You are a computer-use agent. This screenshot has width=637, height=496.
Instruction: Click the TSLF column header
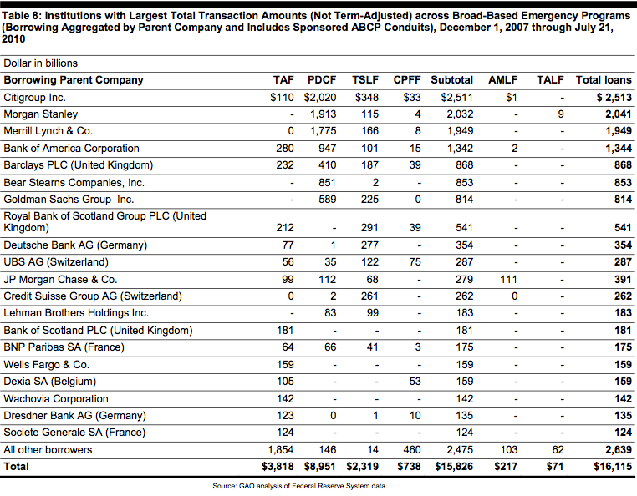(364, 80)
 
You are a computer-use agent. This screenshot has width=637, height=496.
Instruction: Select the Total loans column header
(604, 80)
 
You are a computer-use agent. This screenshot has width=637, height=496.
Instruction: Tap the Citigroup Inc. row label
(34, 98)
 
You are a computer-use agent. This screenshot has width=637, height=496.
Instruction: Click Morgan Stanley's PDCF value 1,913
(323, 114)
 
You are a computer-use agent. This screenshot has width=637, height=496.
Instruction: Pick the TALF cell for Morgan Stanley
(561, 114)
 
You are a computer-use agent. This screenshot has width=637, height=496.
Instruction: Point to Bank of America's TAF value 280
(285, 148)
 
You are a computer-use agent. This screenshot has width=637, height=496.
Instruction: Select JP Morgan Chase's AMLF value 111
(508, 279)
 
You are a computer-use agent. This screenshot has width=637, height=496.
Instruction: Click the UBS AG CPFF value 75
(415, 262)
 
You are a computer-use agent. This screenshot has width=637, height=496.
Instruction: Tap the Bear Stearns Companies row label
(74, 183)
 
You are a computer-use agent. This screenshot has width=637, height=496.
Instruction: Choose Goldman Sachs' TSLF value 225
(369, 200)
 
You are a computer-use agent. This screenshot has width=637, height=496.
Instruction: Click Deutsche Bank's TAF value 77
(288, 245)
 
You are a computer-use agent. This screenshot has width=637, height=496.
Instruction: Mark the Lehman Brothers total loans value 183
(623, 313)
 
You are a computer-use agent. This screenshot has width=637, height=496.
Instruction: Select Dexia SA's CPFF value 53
(415, 382)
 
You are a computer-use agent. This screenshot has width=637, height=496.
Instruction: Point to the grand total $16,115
(613, 467)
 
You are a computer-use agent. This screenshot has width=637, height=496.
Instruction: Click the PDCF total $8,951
(319, 467)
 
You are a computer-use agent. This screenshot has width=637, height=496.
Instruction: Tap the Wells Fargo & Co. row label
(46, 365)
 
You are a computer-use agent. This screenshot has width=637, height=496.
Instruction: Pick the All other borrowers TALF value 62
(558, 450)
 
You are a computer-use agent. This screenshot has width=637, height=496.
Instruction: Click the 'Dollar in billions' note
(41, 63)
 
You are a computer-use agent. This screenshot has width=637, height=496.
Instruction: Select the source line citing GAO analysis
(300, 486)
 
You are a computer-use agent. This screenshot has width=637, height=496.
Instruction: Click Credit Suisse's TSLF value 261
(369, 296)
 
